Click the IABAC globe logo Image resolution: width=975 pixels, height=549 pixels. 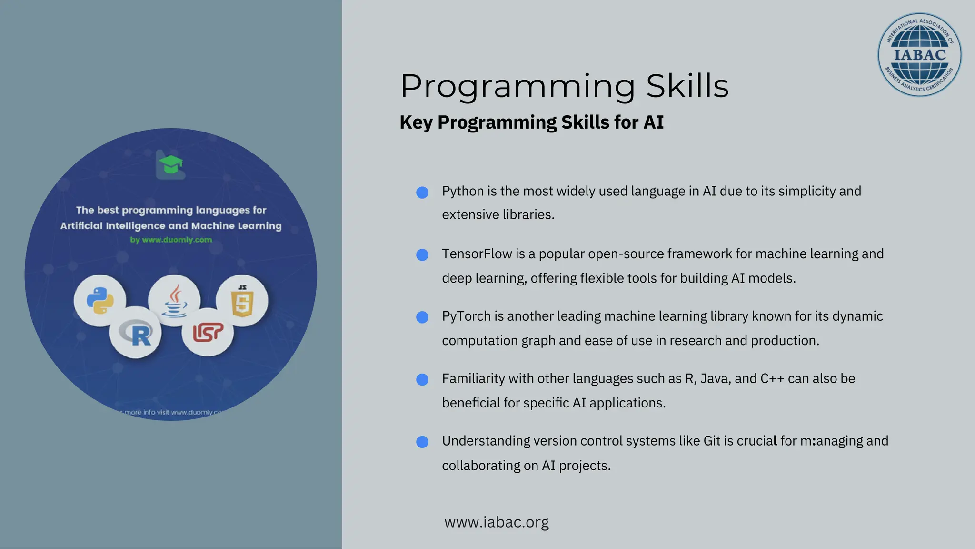919,54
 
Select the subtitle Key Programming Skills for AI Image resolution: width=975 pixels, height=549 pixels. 531,122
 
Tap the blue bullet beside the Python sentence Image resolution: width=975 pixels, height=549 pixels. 422,193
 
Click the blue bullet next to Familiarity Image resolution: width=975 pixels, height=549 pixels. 422,380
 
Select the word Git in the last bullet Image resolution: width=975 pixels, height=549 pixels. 712,441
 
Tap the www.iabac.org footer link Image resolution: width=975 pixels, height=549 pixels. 496,522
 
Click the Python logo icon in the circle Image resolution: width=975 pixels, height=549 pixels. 100,301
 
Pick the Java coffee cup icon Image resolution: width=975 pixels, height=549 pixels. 174,301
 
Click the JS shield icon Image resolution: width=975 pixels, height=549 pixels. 242,301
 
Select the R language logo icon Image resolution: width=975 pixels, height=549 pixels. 136,333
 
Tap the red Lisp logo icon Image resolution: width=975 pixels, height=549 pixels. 208,332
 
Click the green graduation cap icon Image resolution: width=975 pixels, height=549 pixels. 170,165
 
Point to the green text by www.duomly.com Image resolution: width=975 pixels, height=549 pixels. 171,240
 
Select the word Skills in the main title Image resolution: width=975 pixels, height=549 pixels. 687,86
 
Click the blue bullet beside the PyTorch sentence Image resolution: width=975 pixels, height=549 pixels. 422,317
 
